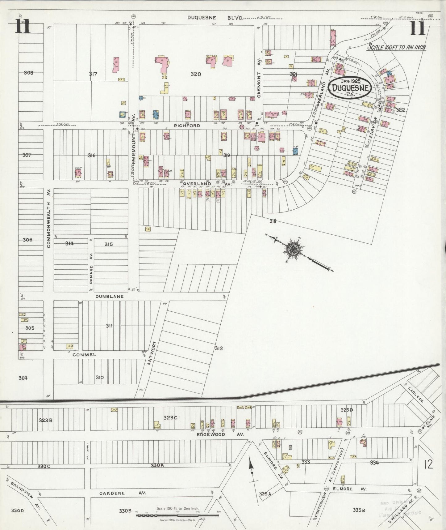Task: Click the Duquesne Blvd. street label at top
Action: click(215, 18)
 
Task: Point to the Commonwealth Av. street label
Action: click(49, 219)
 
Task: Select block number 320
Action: click(196, 74)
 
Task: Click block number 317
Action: click(93, 74)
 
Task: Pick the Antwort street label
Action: click(150, 353)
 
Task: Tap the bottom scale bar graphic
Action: click(177, 515)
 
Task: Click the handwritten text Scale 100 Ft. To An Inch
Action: click(396, 47)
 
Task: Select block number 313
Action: click(219, 348)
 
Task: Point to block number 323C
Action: click(170, 417)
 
